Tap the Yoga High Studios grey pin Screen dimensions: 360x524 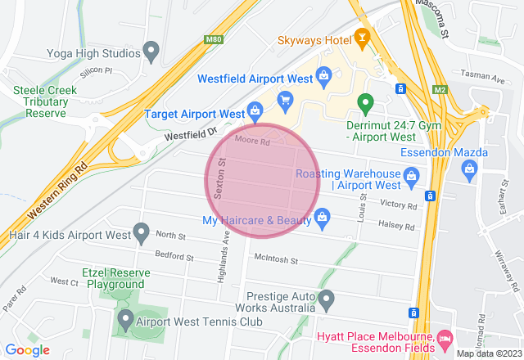point(151,53)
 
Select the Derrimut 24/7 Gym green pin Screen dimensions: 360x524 point(366,104)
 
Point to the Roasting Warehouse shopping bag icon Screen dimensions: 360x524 point(412,173)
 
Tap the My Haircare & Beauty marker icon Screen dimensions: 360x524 point(323,218)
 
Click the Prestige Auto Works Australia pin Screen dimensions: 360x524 point(326,299)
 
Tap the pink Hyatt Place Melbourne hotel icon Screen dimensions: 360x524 point(445,338)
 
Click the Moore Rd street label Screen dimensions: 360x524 point(252,141)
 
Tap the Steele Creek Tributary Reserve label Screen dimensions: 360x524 point(45,102)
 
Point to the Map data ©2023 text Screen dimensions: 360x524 point(487,353)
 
